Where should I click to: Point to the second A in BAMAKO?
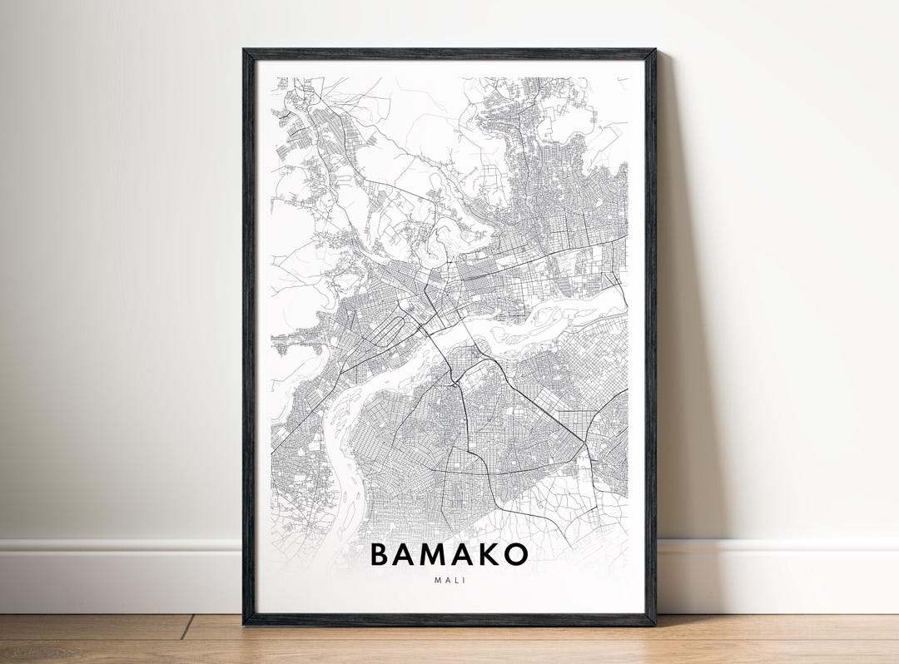coord(468,554)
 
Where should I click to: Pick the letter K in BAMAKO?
coord(492,554)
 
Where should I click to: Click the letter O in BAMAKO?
coord(517,554)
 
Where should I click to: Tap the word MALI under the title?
coord(449,580)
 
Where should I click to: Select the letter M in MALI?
coord(437,580)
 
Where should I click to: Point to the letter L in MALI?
coord(456,580)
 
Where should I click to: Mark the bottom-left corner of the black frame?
coord(245,623)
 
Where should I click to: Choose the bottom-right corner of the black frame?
coord(654,623)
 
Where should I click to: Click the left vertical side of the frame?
coord(248,333)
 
